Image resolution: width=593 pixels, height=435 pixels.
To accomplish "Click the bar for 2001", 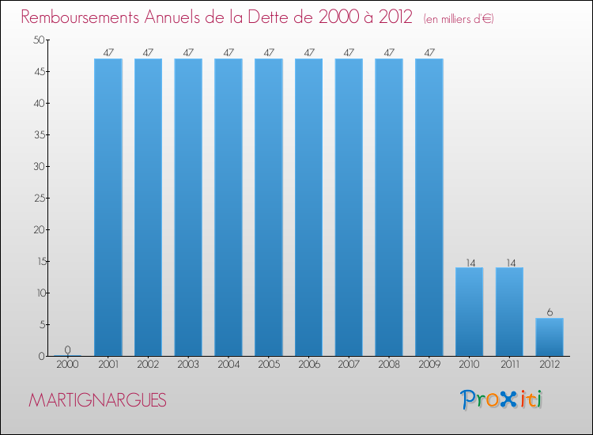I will (x=108, y=207).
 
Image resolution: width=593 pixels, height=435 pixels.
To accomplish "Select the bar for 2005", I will (x=268, y=207).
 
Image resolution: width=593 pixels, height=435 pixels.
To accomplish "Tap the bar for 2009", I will (x=429, y=207).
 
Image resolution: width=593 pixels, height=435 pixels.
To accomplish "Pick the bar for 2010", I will (x=469, y=312).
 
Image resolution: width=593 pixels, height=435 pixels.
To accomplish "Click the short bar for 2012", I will (x=550, y=337).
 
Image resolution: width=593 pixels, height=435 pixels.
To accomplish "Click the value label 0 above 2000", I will (x=68, y=350).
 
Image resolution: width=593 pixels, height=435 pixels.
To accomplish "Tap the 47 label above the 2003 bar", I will (x=188, y=53).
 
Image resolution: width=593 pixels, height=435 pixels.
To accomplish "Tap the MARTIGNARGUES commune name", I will (x=97, y=401).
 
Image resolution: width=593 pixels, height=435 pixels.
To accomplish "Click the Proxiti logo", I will (x=501, y=399).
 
